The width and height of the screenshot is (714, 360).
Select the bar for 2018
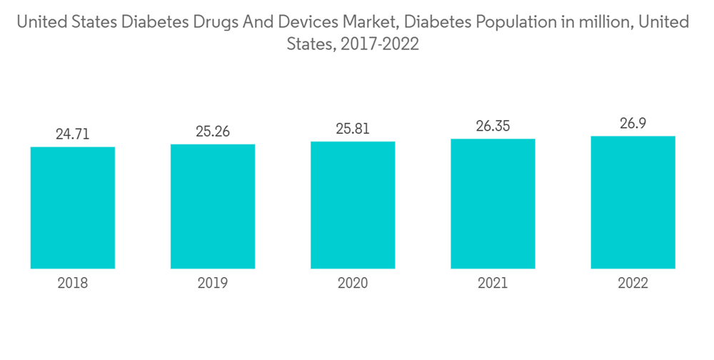point(73,208)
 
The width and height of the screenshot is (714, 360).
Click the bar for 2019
point(213,206)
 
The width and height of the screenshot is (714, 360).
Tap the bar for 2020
point(353,205)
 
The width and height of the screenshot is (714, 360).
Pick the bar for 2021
point(493,204)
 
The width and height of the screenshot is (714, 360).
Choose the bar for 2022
point(633,202)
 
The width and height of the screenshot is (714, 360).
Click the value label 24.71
point(73,134)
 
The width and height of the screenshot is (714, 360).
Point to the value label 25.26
point(213,131)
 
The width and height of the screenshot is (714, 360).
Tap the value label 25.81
point(353,129)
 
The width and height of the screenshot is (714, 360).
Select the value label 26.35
point(493,126)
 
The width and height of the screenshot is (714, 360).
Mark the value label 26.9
point(633,124)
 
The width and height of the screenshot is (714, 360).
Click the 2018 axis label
point(73,284)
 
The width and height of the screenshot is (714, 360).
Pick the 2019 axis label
point(213,284)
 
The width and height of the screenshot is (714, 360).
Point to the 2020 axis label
point(353,284)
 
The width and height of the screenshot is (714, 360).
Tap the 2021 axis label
point(493,284)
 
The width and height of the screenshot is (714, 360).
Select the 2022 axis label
point(633,284)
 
